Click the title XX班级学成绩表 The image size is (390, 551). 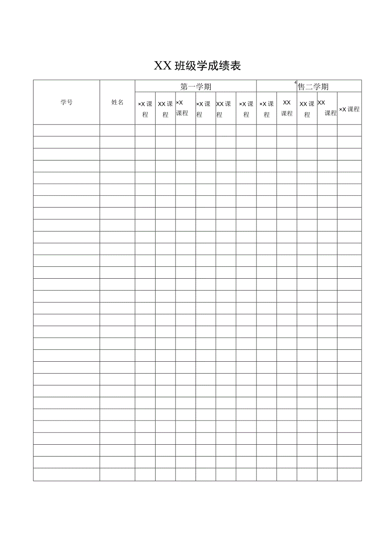[x=197, y=66]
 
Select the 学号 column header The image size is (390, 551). [x=67, y=102]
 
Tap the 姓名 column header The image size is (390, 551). [x=117, y=102]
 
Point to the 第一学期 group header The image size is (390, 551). [x=195, y=87]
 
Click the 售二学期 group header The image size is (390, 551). [x=313, y=87]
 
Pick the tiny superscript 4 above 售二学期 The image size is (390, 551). [x=295, y=83]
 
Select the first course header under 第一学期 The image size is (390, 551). [x=145, y=109]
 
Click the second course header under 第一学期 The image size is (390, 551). [x=165, y=109]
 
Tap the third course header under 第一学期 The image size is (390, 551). [x=182, y=108]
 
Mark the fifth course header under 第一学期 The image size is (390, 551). [x=223, y=109]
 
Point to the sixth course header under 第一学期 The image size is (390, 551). [x=246, y=109]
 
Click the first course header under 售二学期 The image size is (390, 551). [x=267, y=109]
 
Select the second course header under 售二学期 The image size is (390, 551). [x=287, y=108]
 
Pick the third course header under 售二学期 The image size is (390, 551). [x=307, y=109]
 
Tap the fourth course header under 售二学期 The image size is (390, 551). [x=327, y=108]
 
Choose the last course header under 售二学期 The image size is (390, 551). [x=349, y=109]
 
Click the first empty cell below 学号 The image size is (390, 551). [x=67, y=130]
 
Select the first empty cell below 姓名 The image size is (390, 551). [x=117, y=130]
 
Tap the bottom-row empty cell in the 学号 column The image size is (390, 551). [x=67, y=474]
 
